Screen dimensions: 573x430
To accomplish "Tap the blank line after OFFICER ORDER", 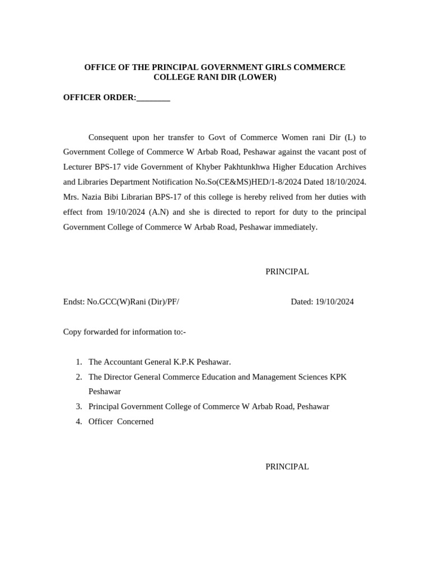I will click(153, 98).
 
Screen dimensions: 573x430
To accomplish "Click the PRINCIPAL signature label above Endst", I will click(287, 271).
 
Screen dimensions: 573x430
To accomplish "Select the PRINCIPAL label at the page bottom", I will click(287, 466).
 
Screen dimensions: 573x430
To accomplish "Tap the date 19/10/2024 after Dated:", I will click(334, 302).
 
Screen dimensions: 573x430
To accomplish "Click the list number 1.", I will click(79, 362).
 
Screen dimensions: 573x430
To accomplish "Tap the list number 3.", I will click(79, 406).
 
